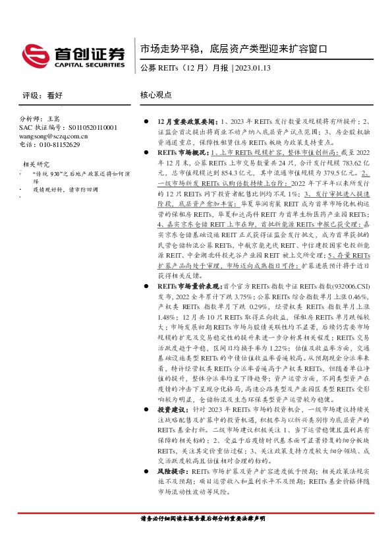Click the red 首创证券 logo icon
(34, 55)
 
